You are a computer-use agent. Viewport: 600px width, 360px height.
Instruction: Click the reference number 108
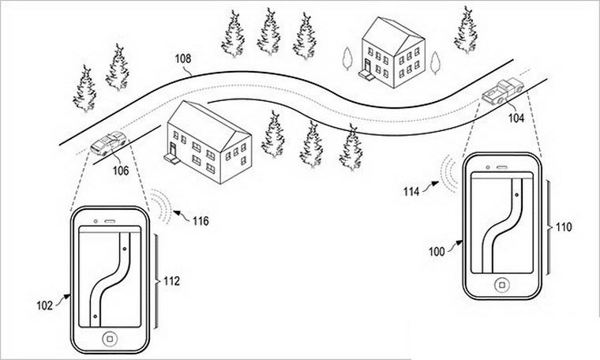tap(182, 58)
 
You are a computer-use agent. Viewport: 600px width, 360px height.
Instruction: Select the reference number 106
tap(120, 167)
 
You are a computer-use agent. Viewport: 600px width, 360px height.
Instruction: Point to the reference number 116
tap(200, 221)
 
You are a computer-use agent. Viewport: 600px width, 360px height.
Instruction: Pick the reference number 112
tap(173, 280)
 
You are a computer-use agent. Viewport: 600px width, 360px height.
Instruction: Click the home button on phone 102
tap(111, 336)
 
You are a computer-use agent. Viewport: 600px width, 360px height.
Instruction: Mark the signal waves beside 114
tap(451, 174)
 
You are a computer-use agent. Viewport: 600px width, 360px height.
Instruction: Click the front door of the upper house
tap(364, 70)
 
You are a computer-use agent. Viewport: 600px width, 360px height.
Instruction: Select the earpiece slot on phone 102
tap(110, 220)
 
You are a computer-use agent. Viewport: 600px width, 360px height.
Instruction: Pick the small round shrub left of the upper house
tap(347, 57)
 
